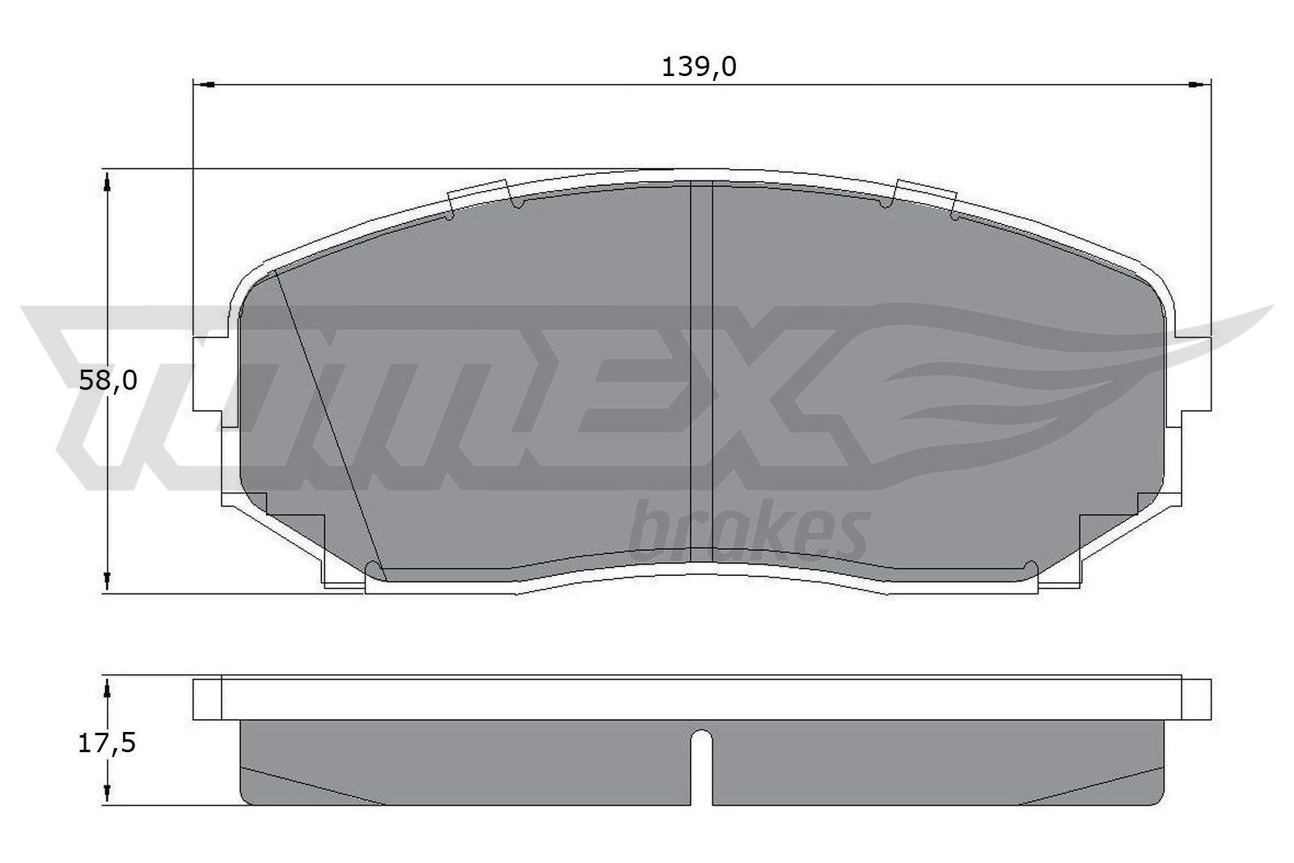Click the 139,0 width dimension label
point(699,67)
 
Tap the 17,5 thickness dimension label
point(106,742)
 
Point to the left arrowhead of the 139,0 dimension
point(205,83)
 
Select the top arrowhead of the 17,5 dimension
point(107,687)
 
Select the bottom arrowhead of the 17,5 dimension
point(107,793)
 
